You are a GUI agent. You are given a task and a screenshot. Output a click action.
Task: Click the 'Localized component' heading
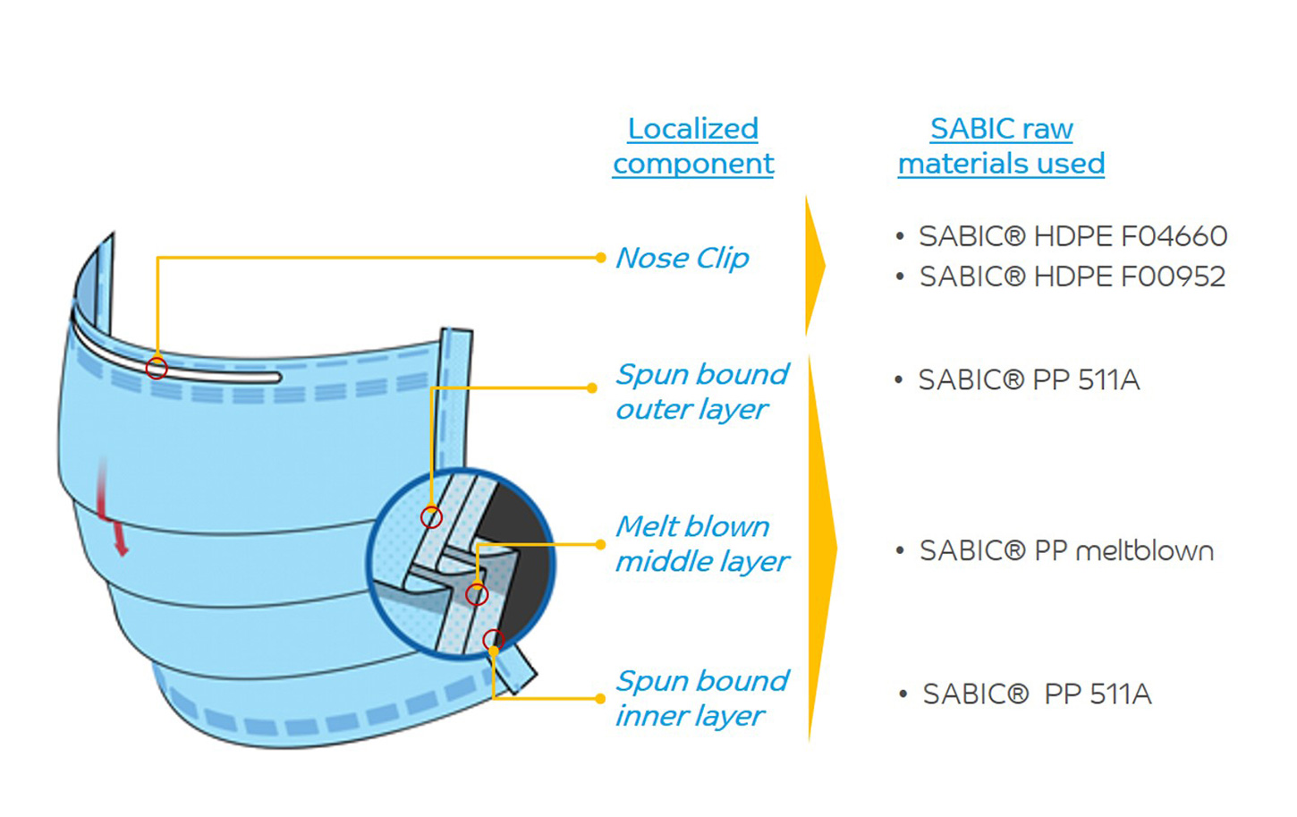coord(693,146)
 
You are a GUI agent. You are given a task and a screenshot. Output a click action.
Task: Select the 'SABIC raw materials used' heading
coord(1001,146)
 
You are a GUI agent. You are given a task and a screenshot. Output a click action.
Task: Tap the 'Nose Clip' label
coord(682,258)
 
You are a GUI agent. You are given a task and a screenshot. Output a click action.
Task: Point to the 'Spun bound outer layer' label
coord(701,391)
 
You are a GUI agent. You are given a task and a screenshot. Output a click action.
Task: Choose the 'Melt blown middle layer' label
coord(701,543)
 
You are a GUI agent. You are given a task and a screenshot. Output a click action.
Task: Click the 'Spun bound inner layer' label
coord(701,698)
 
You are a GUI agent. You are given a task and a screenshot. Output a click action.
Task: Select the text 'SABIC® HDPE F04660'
coord(1072,236)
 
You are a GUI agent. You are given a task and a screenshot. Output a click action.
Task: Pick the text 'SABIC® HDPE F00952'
coord(1072,277)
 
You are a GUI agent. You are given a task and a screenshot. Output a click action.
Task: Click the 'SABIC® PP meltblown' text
coord(1066,550)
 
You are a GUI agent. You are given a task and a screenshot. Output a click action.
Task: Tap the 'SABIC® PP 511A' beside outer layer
coord(1029,380)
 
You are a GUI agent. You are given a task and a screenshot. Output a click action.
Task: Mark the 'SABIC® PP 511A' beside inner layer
coord(1037,694)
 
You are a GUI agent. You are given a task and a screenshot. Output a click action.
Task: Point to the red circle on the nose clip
coord(157,368)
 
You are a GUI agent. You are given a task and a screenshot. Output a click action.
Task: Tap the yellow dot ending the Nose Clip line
coord(600,258)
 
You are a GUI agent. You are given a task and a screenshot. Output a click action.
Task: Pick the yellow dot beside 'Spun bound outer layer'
coord(592,387)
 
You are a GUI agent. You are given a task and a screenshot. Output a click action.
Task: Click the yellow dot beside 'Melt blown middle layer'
coord(600,544)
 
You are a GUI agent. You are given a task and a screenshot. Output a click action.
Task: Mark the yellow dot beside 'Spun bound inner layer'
coord(600,698)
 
